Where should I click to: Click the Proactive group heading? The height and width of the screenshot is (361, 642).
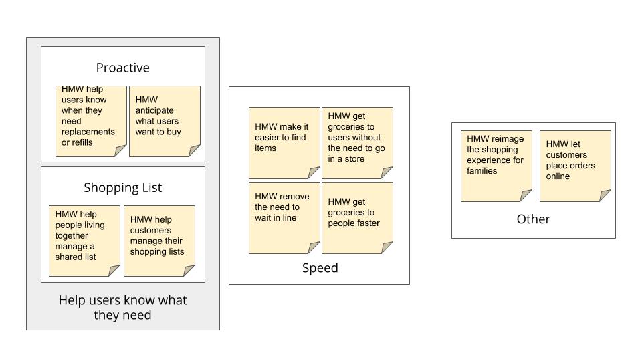point(122,68)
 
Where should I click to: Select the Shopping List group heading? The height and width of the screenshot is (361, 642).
point(122,187)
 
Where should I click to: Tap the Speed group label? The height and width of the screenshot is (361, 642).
point(320,268)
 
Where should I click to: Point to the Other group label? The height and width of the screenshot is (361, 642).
point(533,219)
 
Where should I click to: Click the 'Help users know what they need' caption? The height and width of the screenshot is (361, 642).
point(122,308)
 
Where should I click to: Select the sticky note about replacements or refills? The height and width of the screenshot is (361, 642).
point(91,120)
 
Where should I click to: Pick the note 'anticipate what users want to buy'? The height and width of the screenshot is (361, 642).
point(164,120)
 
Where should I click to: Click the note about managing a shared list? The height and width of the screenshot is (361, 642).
point(84,240)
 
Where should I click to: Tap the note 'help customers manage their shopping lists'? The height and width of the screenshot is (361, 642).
point(159,240)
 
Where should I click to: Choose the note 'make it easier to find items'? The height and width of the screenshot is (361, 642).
point(284,142)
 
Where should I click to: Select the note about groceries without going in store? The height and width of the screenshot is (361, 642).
point(356,142)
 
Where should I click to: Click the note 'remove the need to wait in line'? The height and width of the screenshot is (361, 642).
point(284,217)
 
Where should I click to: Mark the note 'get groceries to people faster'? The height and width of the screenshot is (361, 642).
point(356,217)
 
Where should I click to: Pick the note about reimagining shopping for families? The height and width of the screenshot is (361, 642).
point(496,165)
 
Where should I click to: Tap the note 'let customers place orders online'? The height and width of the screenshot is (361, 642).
point(574,165)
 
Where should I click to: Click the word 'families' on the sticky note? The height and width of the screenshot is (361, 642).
point(481,171)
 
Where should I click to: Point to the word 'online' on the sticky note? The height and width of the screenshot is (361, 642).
point(558,176)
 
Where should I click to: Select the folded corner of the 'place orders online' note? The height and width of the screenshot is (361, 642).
point(605,195)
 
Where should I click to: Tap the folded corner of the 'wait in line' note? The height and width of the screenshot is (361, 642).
point(314,248)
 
